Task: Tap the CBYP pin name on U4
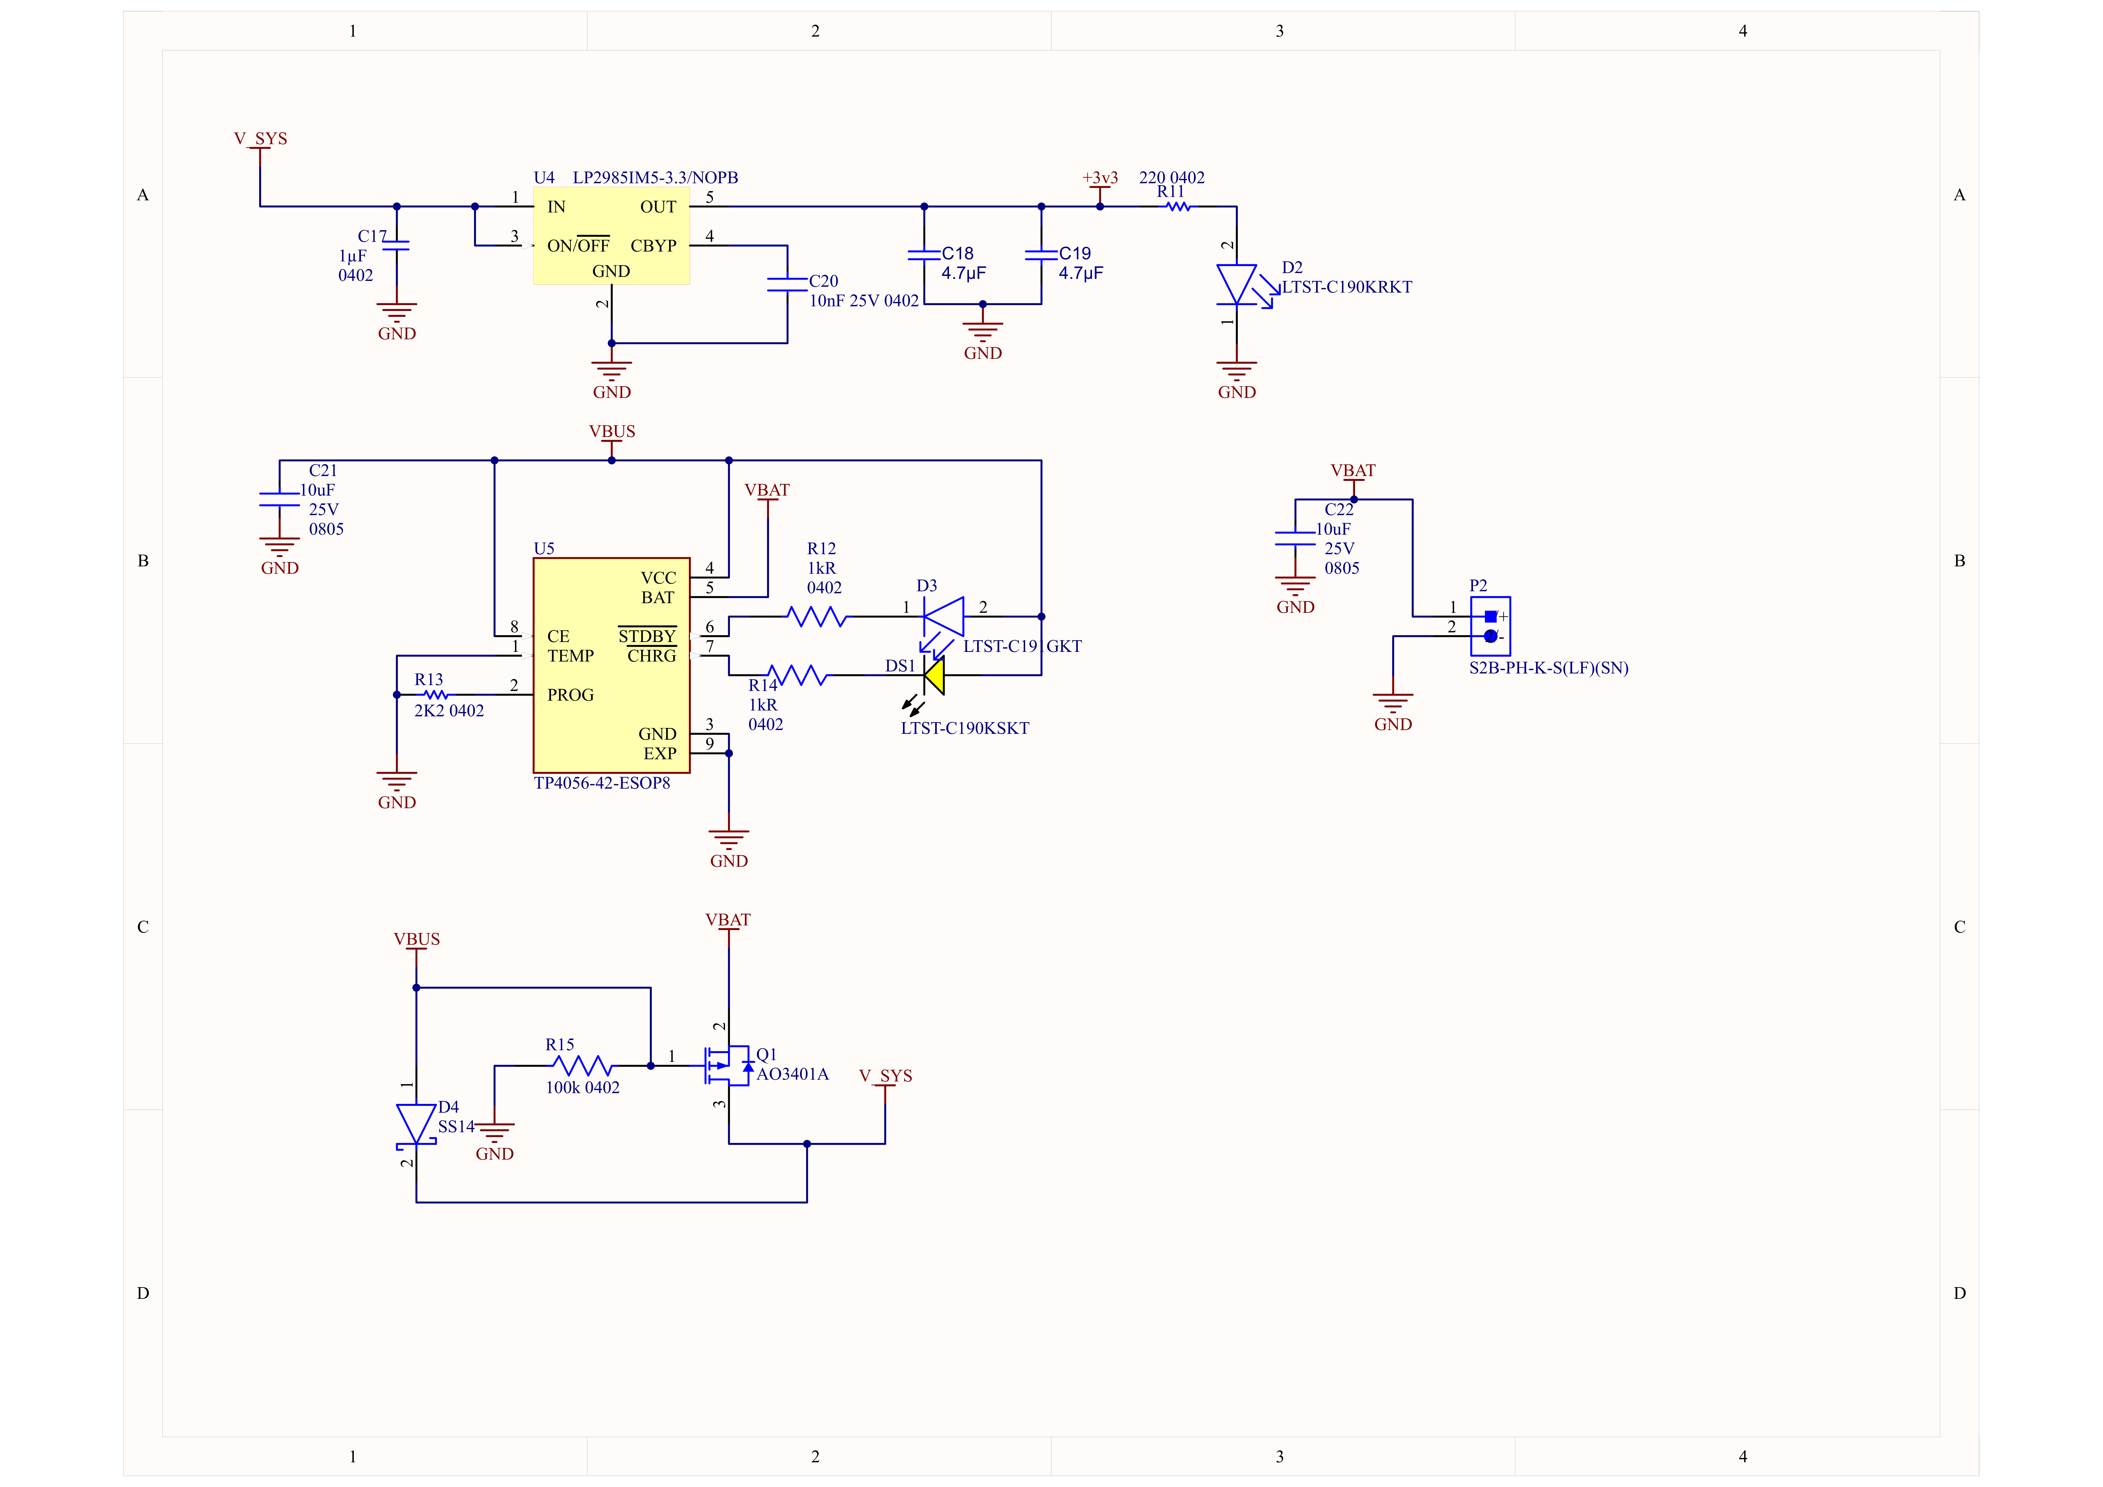pos(653,245)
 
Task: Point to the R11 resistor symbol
pos(1177,207)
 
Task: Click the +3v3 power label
pos(1100,178)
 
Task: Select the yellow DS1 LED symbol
pos(934,676)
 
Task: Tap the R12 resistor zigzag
pos(817,617)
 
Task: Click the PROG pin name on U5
pos(571,695)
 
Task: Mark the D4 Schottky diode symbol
pos(416,1124)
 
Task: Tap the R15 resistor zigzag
pos(583,1066)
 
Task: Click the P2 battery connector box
pos(1490,626)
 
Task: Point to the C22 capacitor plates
pos(1295,538)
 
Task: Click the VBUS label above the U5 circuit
pos(612,431)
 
